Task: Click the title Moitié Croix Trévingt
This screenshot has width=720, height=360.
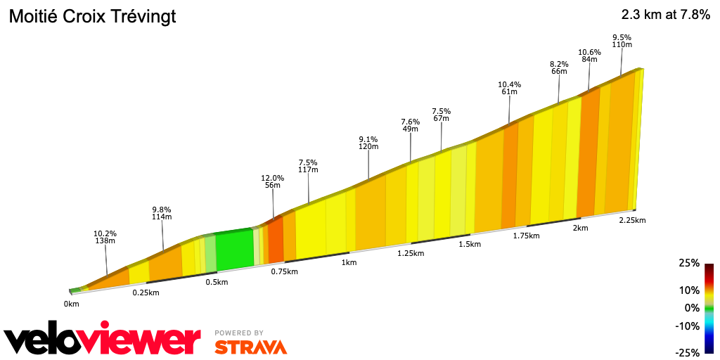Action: pyautogui.click(x=92, y=17)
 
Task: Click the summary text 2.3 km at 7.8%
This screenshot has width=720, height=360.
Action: pyautogui.click(x=665, y=15)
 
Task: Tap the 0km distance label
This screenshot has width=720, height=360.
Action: pyautogui.click(x=71, y=304)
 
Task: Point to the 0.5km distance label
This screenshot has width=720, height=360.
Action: pyautogui.click(x=217, y=282)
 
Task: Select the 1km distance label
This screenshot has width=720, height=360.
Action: pyautogui.click(x=349, y=262)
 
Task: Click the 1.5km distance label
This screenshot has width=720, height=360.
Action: pyautogui.click(x=470, y=244)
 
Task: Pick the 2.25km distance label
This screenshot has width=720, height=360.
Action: pyautogui.click(x=631, y=220)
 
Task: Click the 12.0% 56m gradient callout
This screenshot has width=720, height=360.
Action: pyautogui.click(x=273, y=182)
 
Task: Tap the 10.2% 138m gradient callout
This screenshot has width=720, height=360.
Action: pyautogui.click(x=105, y=237)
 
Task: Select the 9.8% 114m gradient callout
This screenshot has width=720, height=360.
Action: pyautogui.click(x=162, y=213)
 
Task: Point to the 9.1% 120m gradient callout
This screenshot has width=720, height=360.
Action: pyautogui.click(x=368, y=143)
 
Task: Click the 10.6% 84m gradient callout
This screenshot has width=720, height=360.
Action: pyautogui.click(x=589, y=56)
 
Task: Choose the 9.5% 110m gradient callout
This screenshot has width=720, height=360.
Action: pyautogui.click(x=622, y=41)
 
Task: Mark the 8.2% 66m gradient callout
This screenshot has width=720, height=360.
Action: pyautogui.click(x=559, y=67)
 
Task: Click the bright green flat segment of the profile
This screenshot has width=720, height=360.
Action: pyautogui.click(x=234, y=250)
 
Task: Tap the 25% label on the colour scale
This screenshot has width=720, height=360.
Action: pyautogui.click(x=689, y=263)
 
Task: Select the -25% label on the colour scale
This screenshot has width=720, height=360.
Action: pyautogui.click(x=687, y=353)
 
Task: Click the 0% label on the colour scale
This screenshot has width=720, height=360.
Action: pyautogui.click(x=693, y=308)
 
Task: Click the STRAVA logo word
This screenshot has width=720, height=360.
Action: pyautogui.click(x=250, y=347)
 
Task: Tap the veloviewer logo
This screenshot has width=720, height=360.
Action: pyautogui.click(x=103, y=340)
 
